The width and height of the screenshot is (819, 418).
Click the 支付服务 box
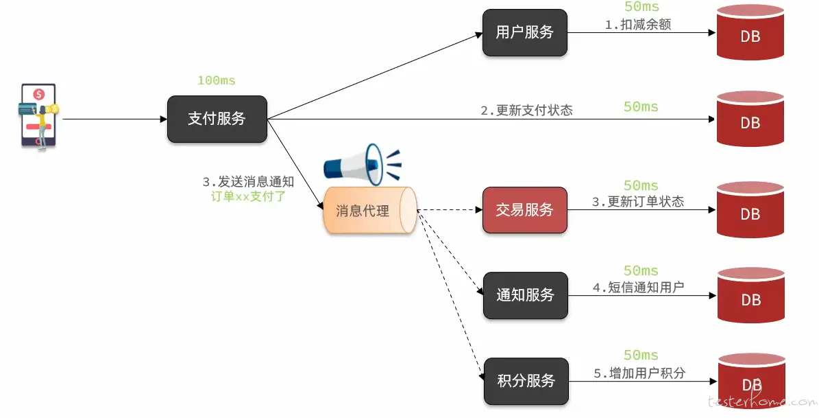[217, 119]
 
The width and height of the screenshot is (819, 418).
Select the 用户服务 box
[524, 32]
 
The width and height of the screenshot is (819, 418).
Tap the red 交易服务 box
[524, 210]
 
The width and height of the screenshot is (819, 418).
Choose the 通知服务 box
[525, 295]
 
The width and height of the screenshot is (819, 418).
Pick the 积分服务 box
[526, 381]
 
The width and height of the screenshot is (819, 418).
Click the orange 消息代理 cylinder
[370, 210]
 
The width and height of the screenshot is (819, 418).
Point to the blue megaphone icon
[363, 164]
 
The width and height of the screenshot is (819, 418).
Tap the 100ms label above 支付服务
[217, 80]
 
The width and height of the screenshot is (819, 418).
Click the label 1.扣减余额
[638, 24]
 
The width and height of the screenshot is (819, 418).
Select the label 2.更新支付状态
[526, 110]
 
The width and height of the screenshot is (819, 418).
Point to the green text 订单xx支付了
[248, 196]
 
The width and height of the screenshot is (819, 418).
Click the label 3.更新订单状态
[638, 201]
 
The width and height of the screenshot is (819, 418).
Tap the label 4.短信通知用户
[638, 287]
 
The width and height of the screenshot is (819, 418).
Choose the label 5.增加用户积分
[639, 373]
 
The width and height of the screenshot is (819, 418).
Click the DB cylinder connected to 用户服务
[750, 32]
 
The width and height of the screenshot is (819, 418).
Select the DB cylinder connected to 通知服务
[751, 296]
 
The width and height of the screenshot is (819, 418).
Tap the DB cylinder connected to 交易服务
[750, 210]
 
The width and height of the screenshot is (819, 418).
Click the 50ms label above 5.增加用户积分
[641, 356]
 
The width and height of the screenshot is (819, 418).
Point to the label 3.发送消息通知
[248, 181]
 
